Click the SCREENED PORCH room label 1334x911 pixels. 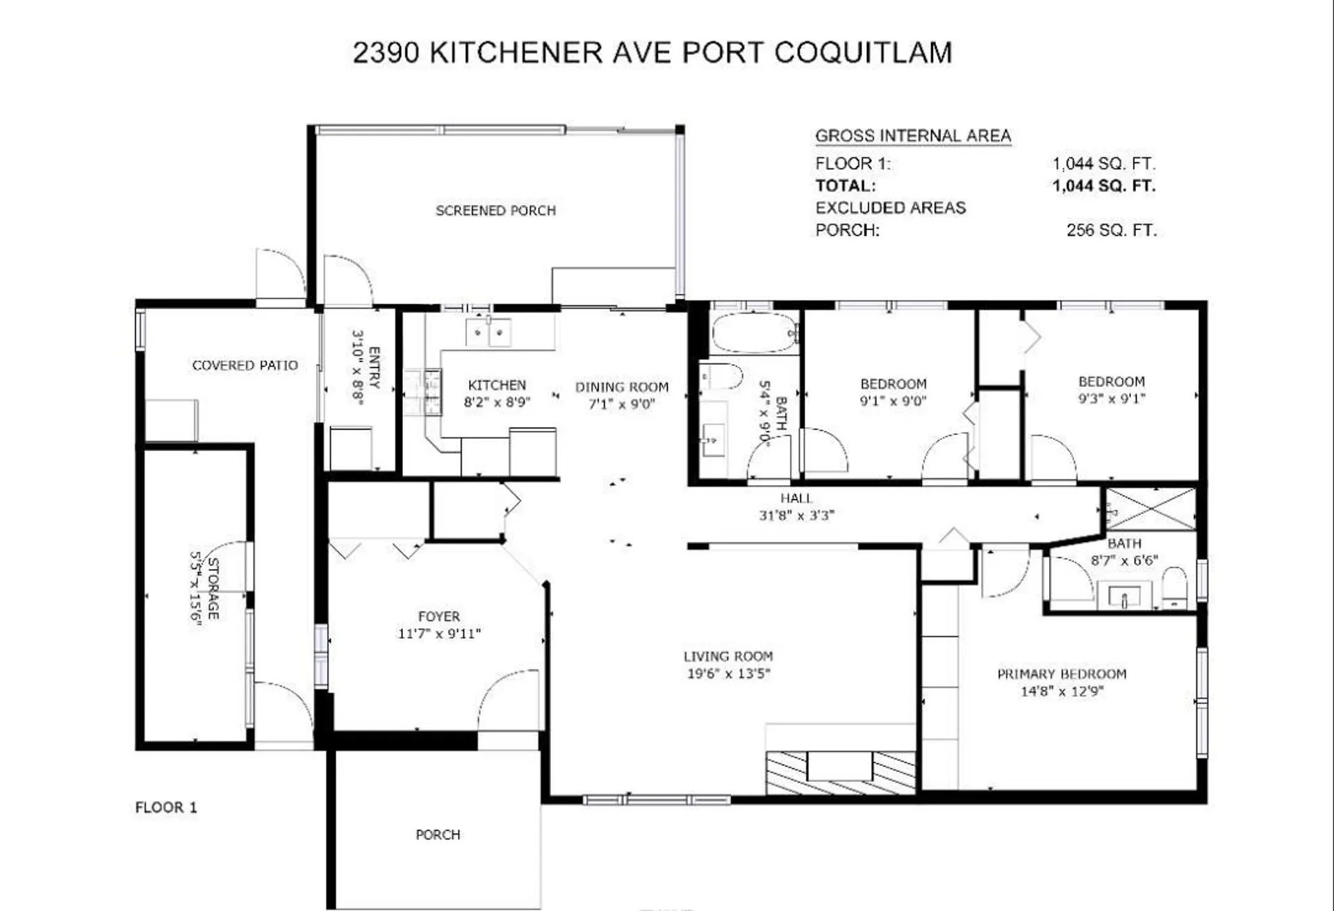pyautogui.click(x=495, y=211)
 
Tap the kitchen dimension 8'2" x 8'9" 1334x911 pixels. pyautogui.click(x=497, y=402)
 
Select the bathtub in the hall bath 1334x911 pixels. pyautogui.click(x=754, y=333)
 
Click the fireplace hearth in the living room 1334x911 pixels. pyautogui.click(x=840, y=772)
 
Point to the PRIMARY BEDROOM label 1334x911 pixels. pyautogui.click(x=1062, y=674)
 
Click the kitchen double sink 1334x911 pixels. pyautogui.click(x=488, y=332)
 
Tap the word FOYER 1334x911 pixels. pyautogui.click(x=438, y=616)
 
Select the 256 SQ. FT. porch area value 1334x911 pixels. pyautogui.click(x=1111, y=230)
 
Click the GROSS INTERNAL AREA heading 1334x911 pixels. pyautogui.click(x=912, y=136)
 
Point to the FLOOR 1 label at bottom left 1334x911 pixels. pyautogui.click(x=166, y=807)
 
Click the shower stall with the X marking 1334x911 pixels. pyautogui.click(x=1151, y=509)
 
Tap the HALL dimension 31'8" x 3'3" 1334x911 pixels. pyautogui.click(x=796, y=516)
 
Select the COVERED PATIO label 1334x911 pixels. pyautogui.click(x=245, y=366)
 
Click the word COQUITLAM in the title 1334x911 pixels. pyautogui.click(x=863, y=53)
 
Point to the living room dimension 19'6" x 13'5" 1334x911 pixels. pyautogui.click(x=728, y=673)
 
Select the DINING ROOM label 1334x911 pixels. pyautogui.click(x=622, y=387)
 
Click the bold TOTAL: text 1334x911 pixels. pyautogui.click(x=845, y=186)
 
